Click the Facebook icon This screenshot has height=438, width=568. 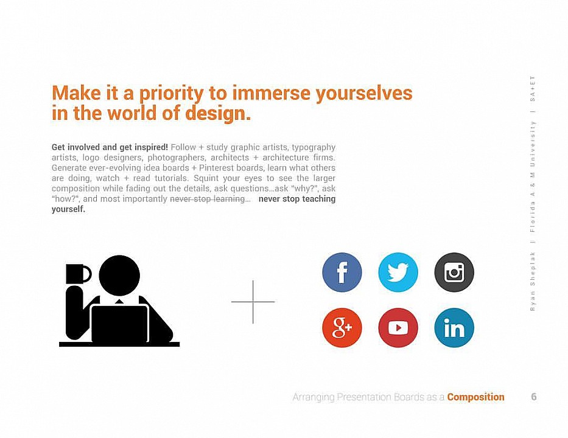click(342, 272)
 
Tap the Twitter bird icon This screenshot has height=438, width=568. click(398, 272)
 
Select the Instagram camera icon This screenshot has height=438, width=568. click(454, 272)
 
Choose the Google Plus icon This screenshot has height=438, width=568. click(342, 328)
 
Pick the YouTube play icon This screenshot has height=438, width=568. click(398, 328)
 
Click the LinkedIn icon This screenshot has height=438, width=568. click(454, 328)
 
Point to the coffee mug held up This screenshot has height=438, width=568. click(77, 274)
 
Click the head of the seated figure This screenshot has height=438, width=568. click(119, 276)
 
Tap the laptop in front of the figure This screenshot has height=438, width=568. click(120, 324)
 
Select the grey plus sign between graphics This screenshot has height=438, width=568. click(253, 302)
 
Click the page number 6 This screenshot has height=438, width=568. click(533, 397)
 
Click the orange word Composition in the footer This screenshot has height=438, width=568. click(475, 397)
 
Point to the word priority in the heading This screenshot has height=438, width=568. click(171, 94)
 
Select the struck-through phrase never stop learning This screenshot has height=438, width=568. click(208, 199)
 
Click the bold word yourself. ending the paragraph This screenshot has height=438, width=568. click(68, 209)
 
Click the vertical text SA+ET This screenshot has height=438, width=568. click(533, 89)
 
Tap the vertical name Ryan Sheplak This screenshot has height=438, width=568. click(533, 281)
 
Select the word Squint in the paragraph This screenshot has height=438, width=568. click(206, 178)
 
